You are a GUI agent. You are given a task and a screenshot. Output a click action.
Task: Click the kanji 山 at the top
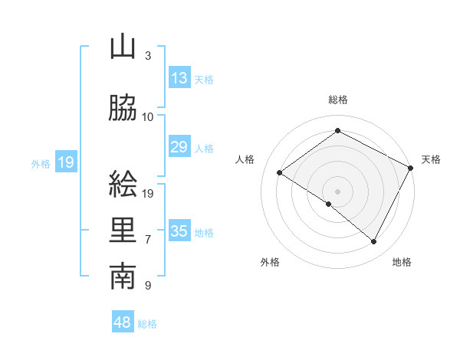point(123,47)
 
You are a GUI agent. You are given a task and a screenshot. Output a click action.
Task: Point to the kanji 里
point(123,231)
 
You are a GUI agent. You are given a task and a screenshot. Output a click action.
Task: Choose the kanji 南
point(123,277)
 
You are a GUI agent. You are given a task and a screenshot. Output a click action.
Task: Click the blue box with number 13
point(179,78)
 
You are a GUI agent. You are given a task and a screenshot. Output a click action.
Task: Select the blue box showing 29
point(179,147)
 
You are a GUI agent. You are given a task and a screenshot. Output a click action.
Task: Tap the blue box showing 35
point(179,231)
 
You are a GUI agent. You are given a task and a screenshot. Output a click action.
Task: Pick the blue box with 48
point(123,322)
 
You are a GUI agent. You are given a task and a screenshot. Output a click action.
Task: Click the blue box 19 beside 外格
point(65,162)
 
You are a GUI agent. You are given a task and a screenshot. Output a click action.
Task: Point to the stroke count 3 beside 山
point(147,56)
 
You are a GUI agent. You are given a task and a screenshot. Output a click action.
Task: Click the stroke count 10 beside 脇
point(148,117)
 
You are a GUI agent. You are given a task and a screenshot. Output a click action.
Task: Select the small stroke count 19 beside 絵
point(149,193)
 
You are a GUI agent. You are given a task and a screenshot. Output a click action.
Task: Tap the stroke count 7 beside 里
point(147,240)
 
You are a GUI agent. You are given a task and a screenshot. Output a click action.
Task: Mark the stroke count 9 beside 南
point(147,286)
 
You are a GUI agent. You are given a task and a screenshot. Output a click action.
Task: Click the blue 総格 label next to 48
point(147,324)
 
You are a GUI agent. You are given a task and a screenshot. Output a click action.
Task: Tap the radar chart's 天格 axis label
point(431,159)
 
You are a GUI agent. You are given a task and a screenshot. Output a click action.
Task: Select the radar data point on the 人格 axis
point(280,172)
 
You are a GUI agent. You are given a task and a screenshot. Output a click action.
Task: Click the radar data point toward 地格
point(374,242)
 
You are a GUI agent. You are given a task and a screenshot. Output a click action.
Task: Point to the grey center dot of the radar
point(337,191)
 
